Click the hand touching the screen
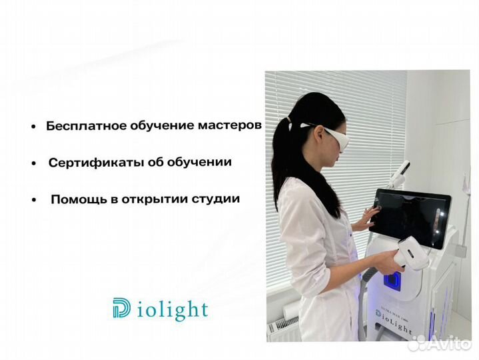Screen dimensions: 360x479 click(x=364, y=219)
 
